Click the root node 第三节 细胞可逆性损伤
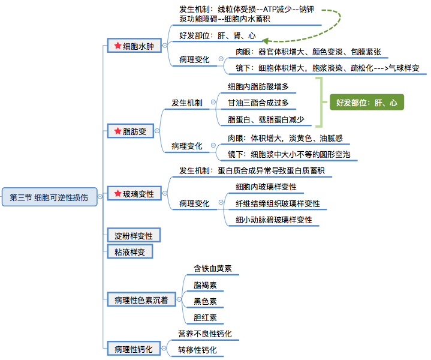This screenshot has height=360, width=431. (49, 197)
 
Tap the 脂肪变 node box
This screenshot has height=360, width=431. (130, 131)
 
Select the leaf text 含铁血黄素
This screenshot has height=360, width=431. (213, 268)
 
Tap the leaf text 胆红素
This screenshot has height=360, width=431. (205, 317)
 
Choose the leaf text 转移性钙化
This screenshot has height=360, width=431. (197, 350)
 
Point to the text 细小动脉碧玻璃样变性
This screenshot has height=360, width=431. (274, 220)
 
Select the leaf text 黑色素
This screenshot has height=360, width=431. (205, 301)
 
